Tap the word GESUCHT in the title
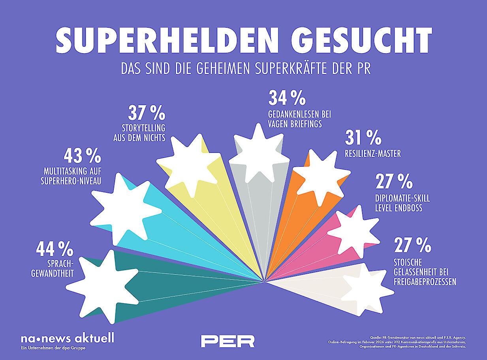(362, 40)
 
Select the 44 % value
(55, 249)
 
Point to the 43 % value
(83, 156)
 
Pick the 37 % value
(147, 112)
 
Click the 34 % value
(287, 97)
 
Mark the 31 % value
(363, 137)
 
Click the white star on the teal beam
(103, 287)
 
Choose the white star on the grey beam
(259, 154)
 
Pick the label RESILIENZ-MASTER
(373, 154)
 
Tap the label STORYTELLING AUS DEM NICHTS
(139, 133)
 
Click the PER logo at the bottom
(228, 341)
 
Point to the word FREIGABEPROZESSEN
(425, 282)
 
